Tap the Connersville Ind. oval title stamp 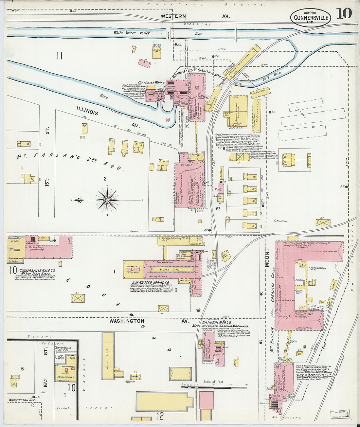pos(311,18)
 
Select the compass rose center pos(107,200)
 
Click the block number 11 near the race pos(59,56)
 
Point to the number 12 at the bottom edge pos(160,416)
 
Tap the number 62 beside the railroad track pos(218,208)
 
